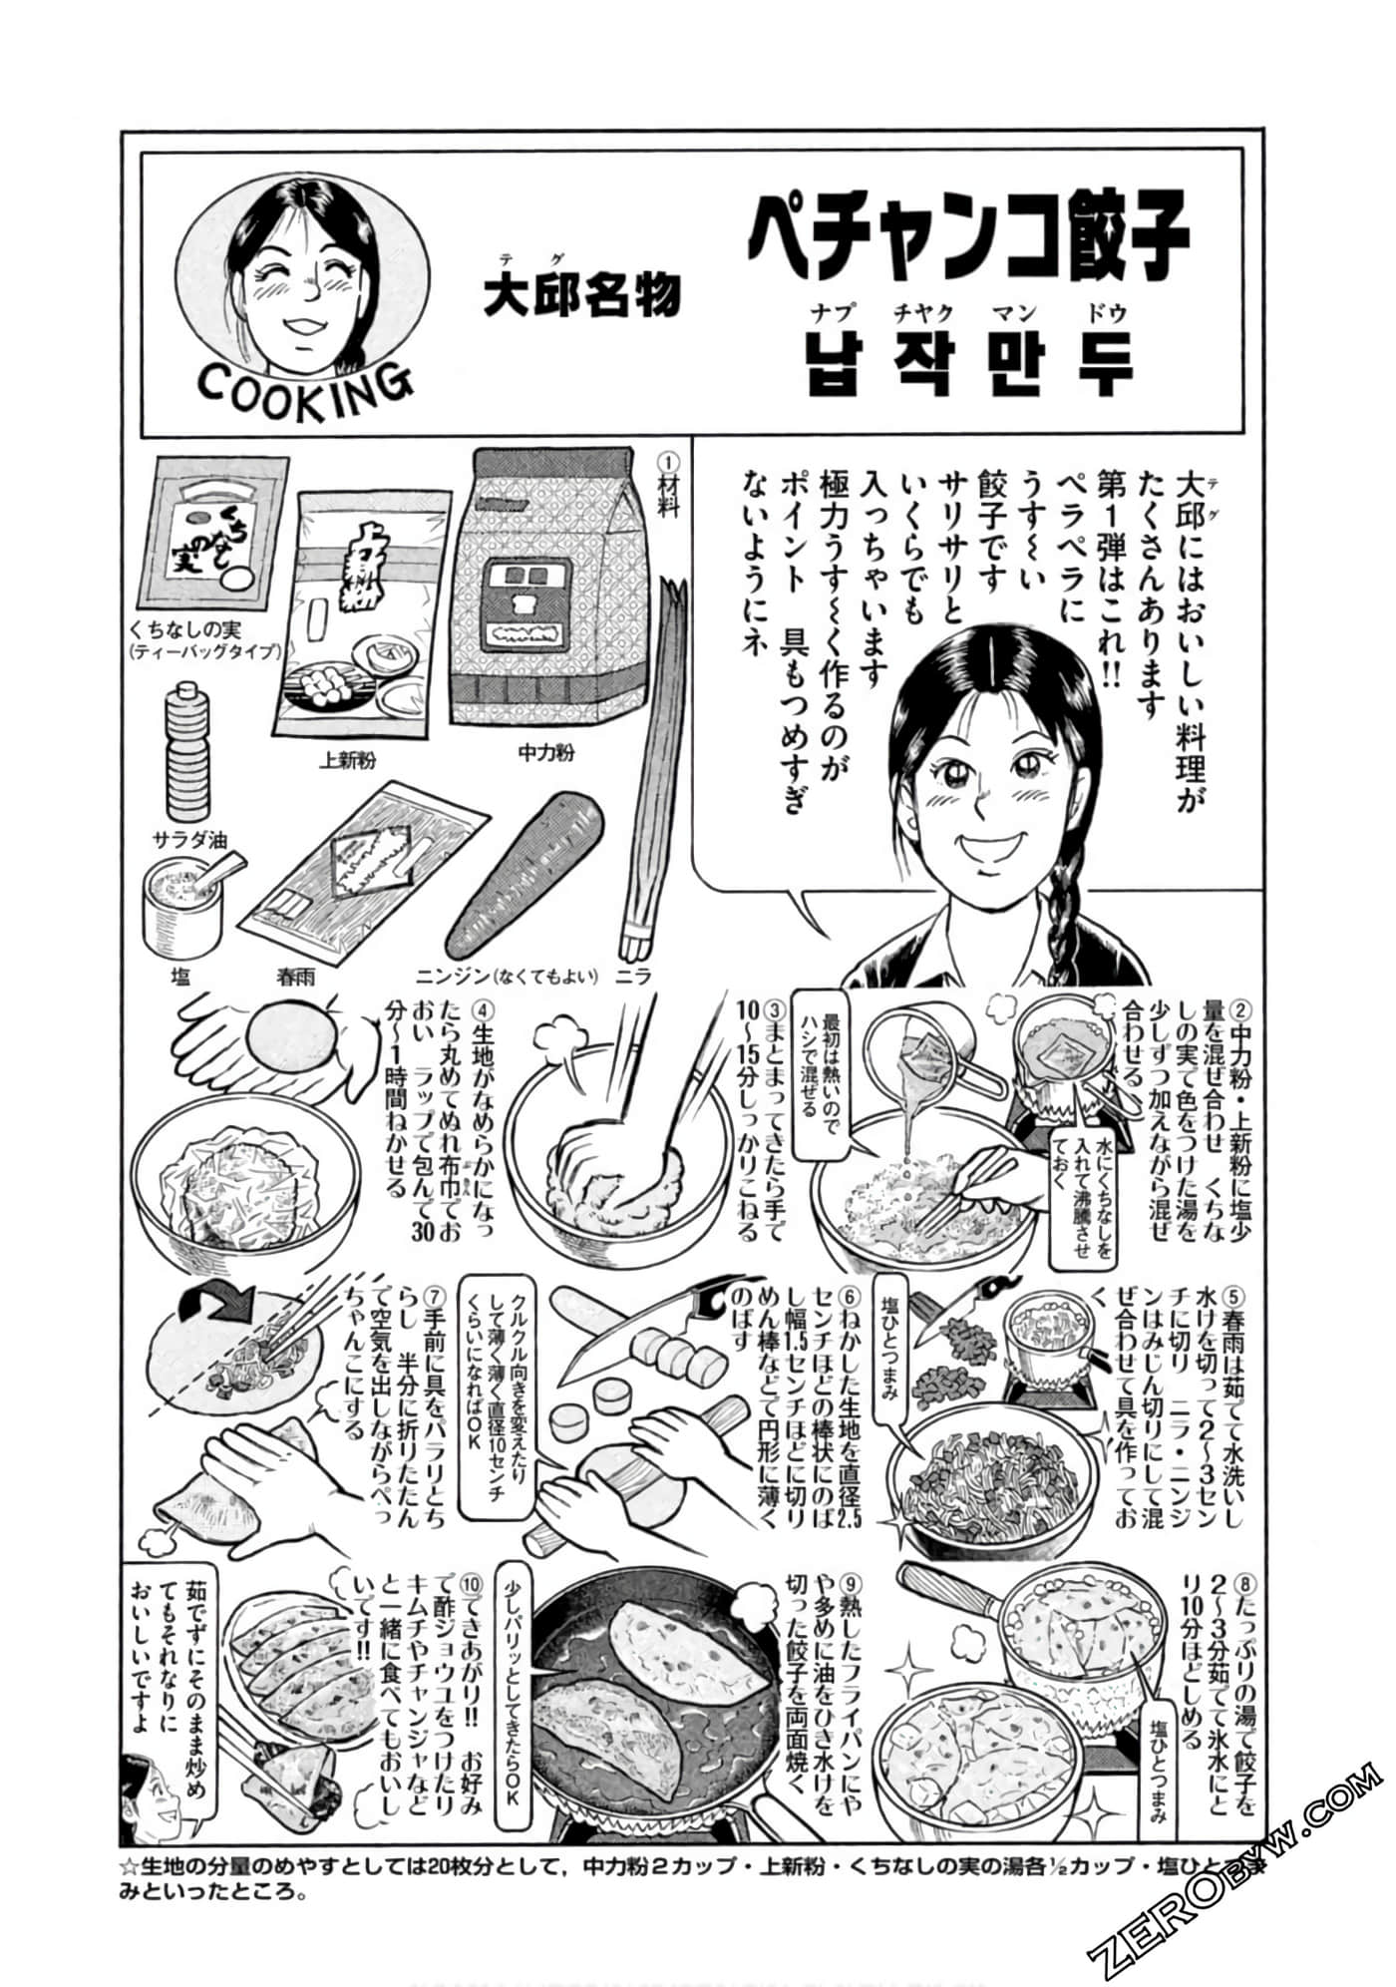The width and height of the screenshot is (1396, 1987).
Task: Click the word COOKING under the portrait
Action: [x=303, y=383]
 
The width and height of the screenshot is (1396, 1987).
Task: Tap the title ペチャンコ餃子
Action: [x=968, y=236]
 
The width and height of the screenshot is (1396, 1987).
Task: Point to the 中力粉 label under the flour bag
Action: [x=546, y=753]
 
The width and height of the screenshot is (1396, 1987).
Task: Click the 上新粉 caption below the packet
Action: [x=346, y=761]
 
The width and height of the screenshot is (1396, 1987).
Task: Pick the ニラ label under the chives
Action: [x=634, y=976]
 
